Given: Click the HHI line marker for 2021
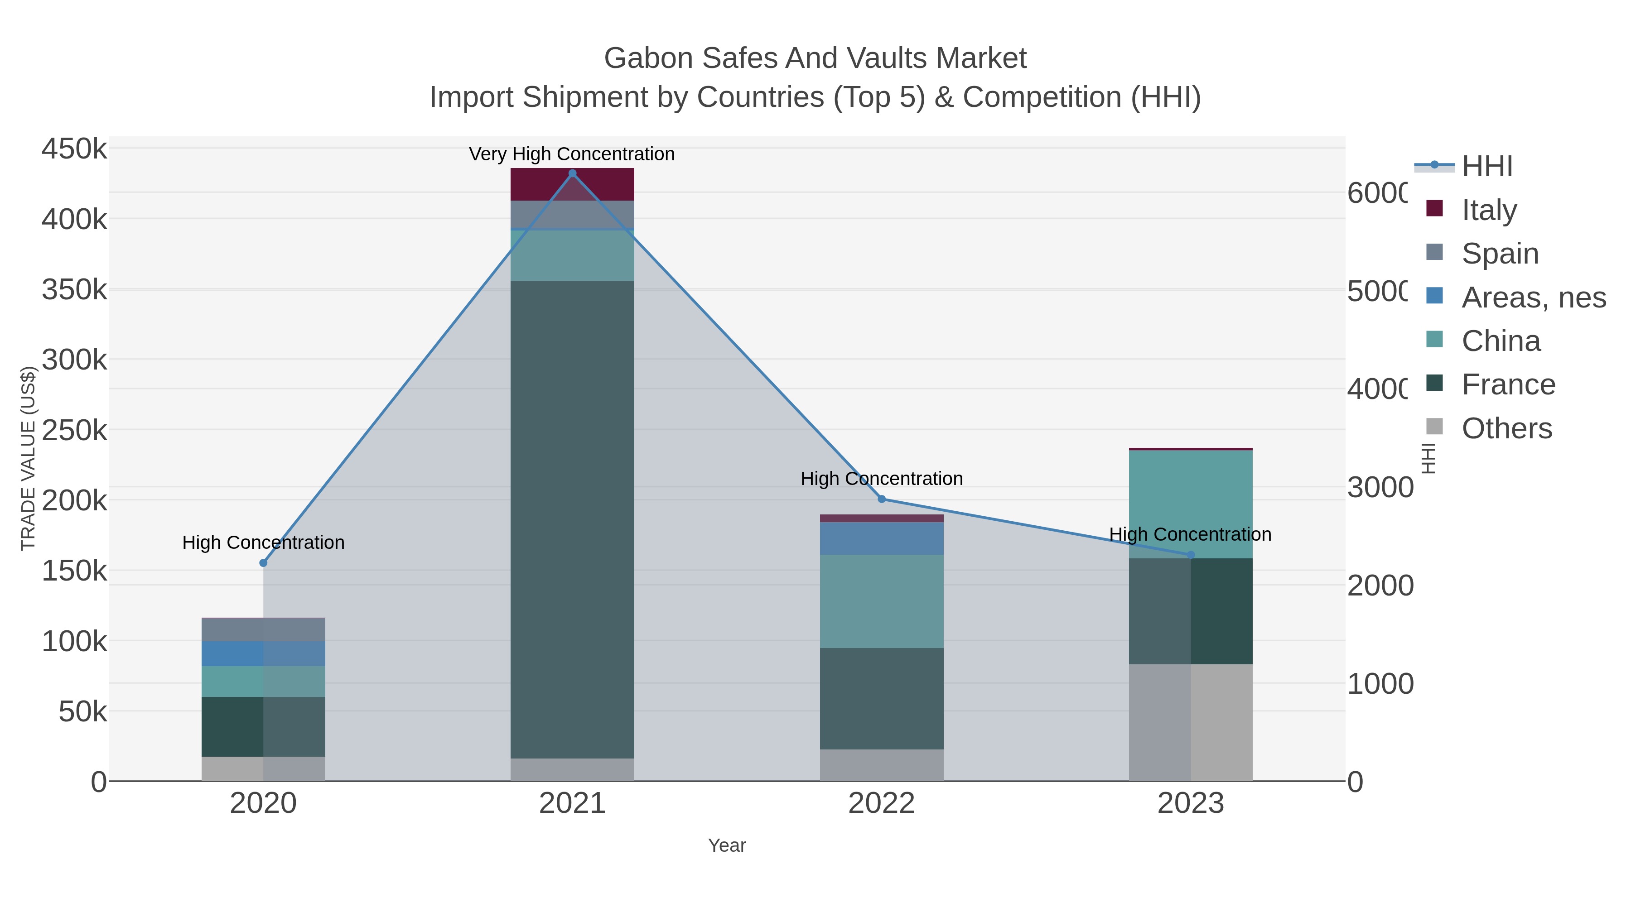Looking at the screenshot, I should click(572, 173).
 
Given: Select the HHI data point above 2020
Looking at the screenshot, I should click(263, 562).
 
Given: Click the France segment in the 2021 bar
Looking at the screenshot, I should click(572, 519).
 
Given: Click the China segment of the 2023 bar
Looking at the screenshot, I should click(1190, 504).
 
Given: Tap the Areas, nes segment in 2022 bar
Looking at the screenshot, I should click(881, 538).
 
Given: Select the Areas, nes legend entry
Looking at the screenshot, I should click(1533, 297).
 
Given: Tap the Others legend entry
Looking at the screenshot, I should click(1506, 428).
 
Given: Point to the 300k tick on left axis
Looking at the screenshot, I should click(74, 360).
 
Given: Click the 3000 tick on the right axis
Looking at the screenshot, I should click(1379, 487).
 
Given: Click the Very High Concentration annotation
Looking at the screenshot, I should click(572, 154).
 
